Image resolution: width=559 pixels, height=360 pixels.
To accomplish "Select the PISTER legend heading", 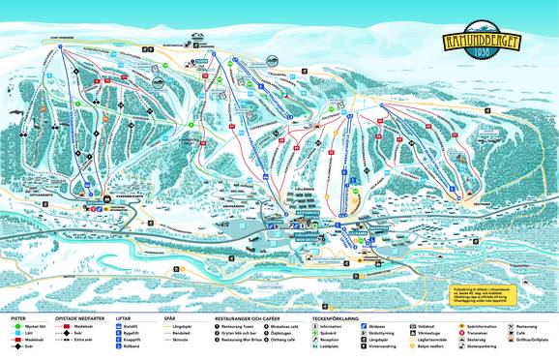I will pyautogui.click(x=18, y=317).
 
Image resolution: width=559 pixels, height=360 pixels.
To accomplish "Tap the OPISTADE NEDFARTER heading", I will pyautogui.click(x=87, y=317).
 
